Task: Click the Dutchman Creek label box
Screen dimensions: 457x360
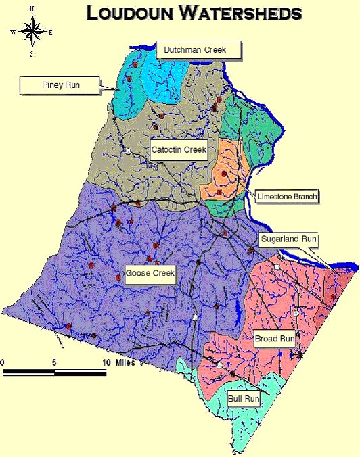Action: (199, 49)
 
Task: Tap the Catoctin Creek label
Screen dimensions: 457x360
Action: (178, 149)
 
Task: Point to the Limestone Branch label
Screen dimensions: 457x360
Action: (287, 197)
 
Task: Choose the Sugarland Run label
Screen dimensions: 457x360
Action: (289, 239)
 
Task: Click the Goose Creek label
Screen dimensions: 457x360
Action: (150, 274)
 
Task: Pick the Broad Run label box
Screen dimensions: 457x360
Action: (274, 338)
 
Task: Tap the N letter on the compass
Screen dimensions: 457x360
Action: (31, 9)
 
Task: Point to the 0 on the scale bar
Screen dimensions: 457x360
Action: (3, 363)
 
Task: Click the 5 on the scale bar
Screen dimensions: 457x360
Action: (53, 363)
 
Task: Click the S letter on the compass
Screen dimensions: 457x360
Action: (31, 54)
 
